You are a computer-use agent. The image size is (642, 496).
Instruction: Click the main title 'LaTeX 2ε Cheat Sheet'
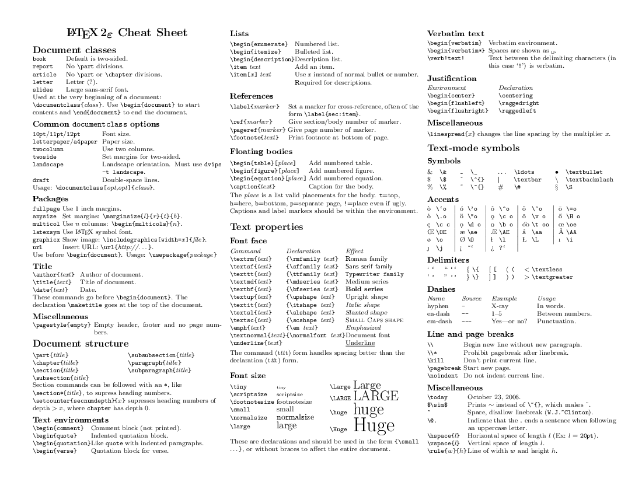127,33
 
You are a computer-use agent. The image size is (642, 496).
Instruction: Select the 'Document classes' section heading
74,50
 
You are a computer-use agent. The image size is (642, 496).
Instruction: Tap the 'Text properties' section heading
266,226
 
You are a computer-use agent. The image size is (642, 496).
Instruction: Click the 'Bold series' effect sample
364,289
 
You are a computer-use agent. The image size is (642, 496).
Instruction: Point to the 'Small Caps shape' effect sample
374,320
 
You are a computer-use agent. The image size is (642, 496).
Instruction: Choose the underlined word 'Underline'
360,343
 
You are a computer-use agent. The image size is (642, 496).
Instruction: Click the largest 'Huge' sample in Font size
374,427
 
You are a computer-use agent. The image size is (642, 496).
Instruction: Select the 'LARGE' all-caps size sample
376,396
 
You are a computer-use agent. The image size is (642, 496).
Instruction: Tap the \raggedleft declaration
517,111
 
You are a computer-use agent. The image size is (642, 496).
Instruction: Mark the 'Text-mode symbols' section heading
473,148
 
